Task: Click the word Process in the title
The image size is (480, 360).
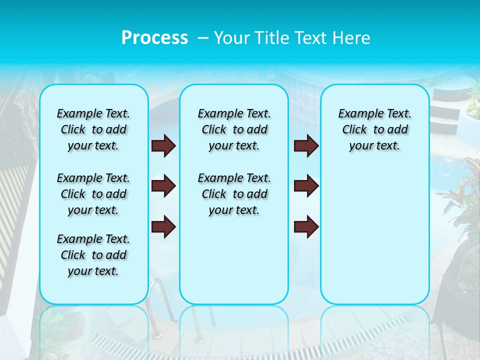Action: [154, 37]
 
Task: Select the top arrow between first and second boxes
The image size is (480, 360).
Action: [163, 146]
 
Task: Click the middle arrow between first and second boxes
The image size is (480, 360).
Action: [163, 186]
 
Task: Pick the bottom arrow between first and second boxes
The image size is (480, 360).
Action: [163, 226]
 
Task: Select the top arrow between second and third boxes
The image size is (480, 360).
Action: [306, 146]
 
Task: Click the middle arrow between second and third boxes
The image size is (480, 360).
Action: [306, 186]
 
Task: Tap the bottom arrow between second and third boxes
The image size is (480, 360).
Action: [306, 226]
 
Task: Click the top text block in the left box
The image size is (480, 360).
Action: [93, 129]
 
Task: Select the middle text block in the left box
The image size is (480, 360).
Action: [93, 194]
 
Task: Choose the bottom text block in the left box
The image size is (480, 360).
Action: [93, 255]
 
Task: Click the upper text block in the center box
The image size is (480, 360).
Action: [234, 129]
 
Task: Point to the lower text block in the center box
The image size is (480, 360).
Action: [234, 194]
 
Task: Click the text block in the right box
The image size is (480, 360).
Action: [375, 129]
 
